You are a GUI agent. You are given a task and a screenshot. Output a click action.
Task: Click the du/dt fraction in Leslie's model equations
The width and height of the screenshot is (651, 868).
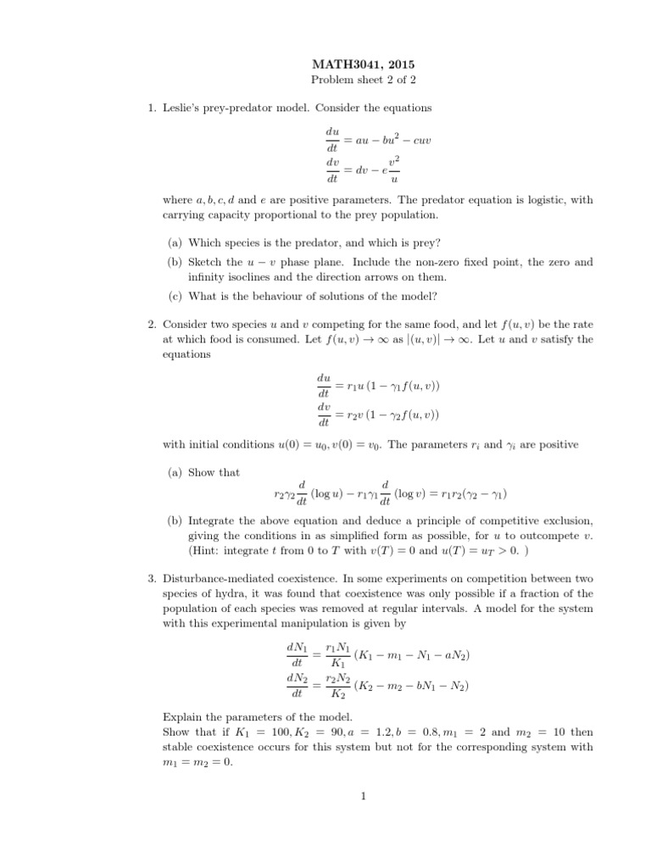[332, 140]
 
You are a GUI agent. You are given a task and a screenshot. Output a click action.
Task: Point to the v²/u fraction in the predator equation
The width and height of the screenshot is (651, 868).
[393, 170]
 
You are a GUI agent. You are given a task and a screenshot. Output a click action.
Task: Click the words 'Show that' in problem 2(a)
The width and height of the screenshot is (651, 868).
[214, 472]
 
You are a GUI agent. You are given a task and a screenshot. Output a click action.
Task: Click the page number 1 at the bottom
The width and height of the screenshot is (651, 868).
[362, 796]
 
